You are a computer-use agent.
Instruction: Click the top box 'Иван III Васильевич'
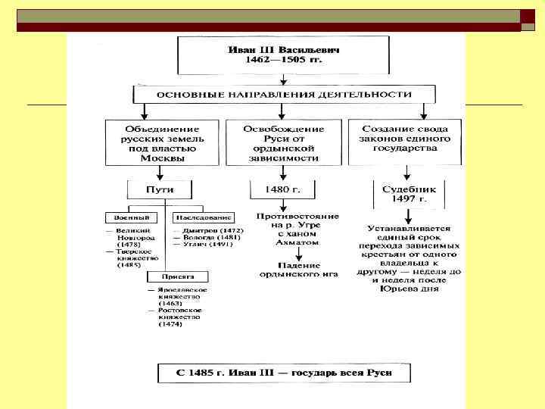283,54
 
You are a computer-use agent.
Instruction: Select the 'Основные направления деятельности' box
284,95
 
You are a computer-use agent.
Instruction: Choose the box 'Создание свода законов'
404,139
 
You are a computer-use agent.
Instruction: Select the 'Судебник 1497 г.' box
409,194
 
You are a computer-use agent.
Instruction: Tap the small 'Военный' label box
128,217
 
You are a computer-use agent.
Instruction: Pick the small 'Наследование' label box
202,217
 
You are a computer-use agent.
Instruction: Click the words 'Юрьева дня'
409,289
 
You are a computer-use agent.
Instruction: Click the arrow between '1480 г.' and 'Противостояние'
282,204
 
